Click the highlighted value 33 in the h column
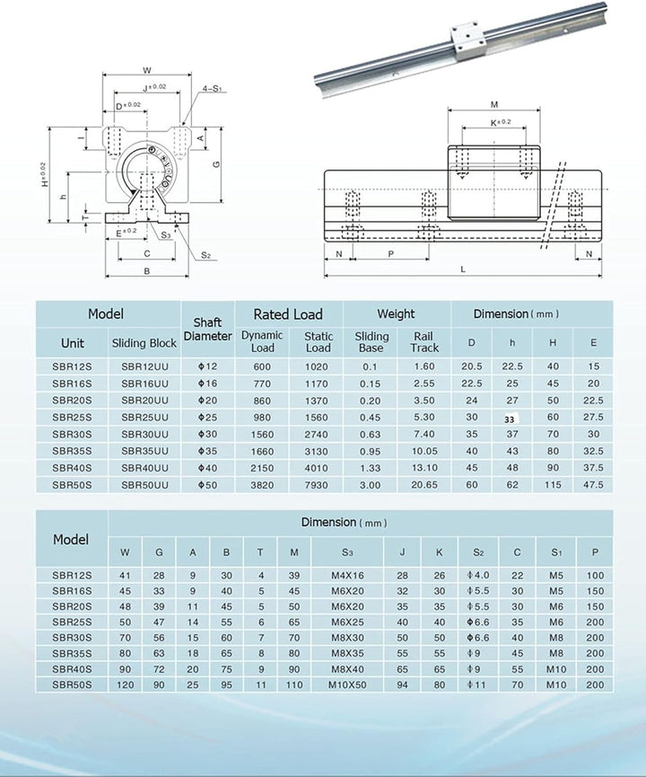click(x=509, y=418)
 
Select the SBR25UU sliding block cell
click(x=144, y=418)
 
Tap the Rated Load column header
click(x=287, y=314)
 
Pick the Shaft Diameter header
click(x=207, y=329)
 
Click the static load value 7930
click(x=318, y=485)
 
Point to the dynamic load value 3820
click(x=262, y=485)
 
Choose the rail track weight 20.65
click(x=424, y=485)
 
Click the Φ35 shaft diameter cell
click(x=207, y=451)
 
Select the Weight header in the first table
click(x=396, y=314)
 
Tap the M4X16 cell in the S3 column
click(x=347, y=575)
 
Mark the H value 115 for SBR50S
click(x=553, y=485)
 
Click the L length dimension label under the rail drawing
click(x=462, y=269)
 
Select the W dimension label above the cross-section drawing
click(x=147, y=68)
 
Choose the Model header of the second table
click(x=71, y=540)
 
